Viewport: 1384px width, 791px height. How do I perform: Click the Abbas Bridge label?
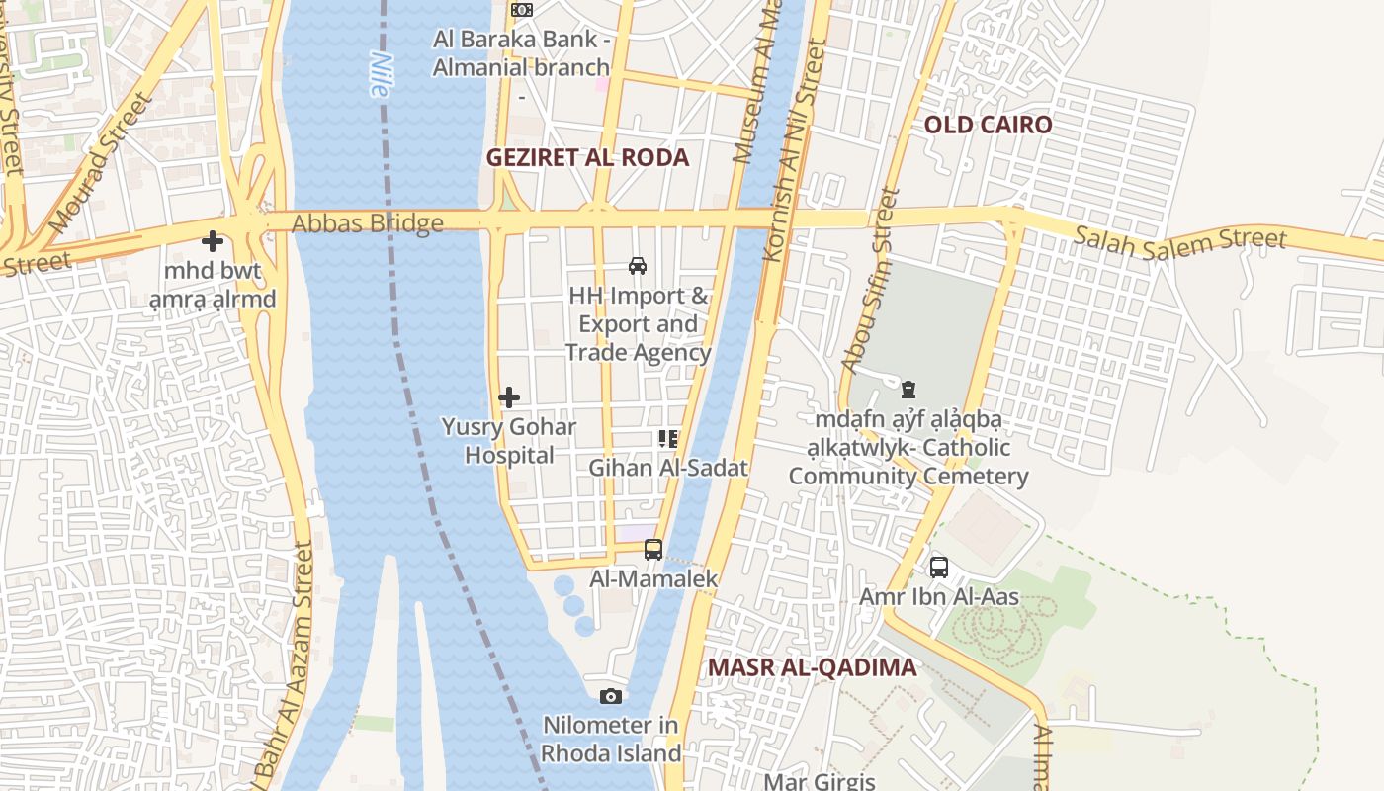pyautogui.click(x=367, y=223)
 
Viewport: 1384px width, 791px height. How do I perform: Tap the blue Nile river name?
pyautogui.click(x=379, y=74)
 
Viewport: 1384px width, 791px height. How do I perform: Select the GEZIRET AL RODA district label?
pyautogui.click(x=587, y=158)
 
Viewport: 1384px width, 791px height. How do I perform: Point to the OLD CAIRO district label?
pyautogui.click(x=988, y=125)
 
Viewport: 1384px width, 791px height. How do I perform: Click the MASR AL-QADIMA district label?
pyautogui.click(x=812, y=667)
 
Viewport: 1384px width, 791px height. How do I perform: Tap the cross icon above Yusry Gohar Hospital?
pyautogui.click(x=509, y=397)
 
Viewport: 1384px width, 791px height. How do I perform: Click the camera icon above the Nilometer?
pyautogui.click(x=611, y=696)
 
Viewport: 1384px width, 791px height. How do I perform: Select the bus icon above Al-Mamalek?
pyautogui.click(x=652, y=550)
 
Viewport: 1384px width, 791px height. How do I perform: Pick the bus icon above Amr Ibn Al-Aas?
pyautogui.click(x=939, y=568)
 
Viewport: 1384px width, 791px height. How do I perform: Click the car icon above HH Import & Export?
pyautogui.click(x=638, y=265)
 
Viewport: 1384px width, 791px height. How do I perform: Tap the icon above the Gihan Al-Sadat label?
pyautogui.click(x=668, y=438)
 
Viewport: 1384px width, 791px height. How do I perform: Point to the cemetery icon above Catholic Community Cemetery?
pyautogui.click(x=908, y=390)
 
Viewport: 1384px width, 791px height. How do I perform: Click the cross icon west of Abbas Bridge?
pyautogui.click(x=212, y=240)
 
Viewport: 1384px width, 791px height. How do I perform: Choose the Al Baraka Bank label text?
pyautogui.click(x=521, y=53)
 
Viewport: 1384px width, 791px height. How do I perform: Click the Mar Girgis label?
pyautogui.click(x=820, y=781)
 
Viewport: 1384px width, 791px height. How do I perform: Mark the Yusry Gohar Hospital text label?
pyautogui.click(x=509, y=441)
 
